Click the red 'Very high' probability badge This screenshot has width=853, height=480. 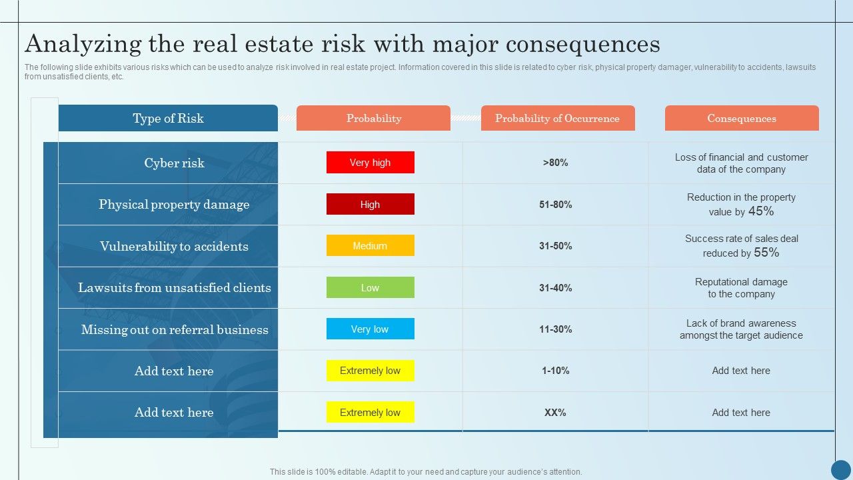(x=370, y=163)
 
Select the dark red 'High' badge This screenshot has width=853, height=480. (x=370, y=205)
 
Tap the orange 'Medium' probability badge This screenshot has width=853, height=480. (x=370, y=246)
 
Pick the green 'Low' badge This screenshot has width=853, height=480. (x=370, y=288)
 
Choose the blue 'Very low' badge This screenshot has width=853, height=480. (x=370, y=329)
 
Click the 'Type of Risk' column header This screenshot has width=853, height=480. (x=168, y=119)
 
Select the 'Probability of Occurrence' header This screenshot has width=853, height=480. (x=557, y=119)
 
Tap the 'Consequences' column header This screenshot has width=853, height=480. (x=741, y=119)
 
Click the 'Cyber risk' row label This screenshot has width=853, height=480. (x=174, y=163)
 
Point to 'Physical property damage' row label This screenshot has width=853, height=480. (x=174, y=205)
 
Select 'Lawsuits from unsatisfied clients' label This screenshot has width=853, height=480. (x=174, y=288)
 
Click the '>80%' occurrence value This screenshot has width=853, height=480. (x=555, y=163)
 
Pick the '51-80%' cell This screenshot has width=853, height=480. (x=555, y=205)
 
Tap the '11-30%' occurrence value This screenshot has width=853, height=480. (x=555, y=329)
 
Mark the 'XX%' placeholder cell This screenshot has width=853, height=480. (x=555, y=413)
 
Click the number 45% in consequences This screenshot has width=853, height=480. (x=761, y=211)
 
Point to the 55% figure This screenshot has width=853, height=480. (x=766, y=253)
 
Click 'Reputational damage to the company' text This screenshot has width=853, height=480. (x=741, y=288)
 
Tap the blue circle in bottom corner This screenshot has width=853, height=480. (x=841, y=469)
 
